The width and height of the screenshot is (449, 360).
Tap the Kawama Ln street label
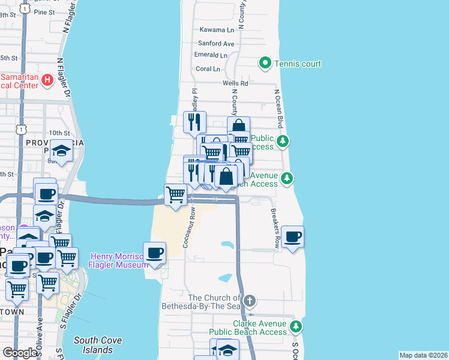tap(217, 30)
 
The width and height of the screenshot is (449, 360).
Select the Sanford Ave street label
tap(216, 44)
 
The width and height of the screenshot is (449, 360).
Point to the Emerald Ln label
tap(211, 55)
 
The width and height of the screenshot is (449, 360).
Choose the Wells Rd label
tap(235, 83)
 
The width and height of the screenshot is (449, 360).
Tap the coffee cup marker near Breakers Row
tap(292, 236)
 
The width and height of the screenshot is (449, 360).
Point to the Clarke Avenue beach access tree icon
tap(295, 326)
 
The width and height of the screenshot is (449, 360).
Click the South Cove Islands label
tap(97, 345)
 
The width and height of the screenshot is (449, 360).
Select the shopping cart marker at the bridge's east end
tap(175, 194)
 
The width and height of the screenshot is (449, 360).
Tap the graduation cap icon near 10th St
tap(61, 150)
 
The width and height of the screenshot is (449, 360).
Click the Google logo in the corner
tap(20, 353)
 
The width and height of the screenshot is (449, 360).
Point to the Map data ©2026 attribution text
tap(423, 355)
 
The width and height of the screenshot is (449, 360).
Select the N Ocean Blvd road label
tap(279, 109)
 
